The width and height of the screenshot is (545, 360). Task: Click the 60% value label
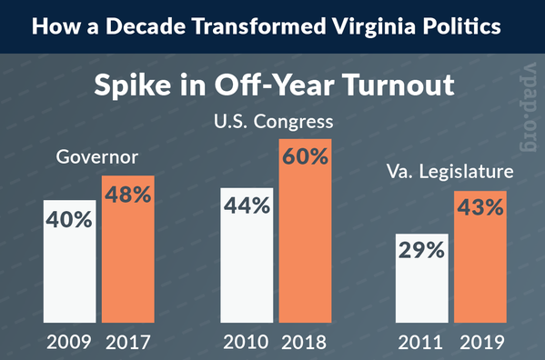pos(305,155)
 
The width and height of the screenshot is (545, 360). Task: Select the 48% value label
pos(127,193)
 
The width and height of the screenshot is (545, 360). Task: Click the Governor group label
pos(97,156)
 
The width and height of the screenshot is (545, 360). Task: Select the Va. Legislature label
pos(449,169)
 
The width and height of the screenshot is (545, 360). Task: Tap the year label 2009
pos(69,343)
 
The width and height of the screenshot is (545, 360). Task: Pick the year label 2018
pos(305,343)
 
